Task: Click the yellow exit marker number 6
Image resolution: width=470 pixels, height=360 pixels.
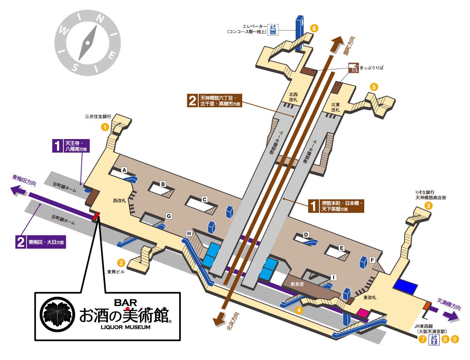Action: tap(314, 28)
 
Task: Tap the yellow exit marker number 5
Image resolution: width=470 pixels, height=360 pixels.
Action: tap(374, 86)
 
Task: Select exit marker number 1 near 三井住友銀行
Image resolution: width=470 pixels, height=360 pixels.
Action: tap(105, 127)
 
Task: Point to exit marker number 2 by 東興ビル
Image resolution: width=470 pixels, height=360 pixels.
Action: tap(121, 262)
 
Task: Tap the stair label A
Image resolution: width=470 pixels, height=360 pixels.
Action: tap(124, 171)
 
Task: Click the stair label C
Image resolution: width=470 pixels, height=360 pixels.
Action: tap(204, 199)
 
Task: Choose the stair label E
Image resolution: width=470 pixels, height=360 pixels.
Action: tap(342, 248)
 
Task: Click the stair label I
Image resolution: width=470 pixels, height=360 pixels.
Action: tap(334, 277)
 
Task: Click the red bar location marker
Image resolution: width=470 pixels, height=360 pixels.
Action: tap(96, 216)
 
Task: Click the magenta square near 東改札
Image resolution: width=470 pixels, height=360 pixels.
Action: tap(363, 313)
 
